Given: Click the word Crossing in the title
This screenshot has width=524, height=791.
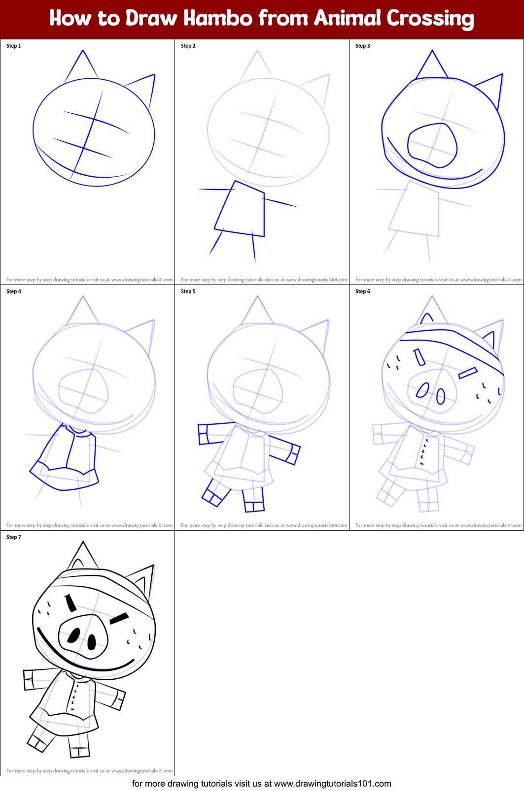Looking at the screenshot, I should pos(430,19).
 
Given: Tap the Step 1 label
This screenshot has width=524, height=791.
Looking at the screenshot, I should pos(14,46).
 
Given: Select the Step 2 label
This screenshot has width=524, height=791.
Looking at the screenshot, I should pos(188,46).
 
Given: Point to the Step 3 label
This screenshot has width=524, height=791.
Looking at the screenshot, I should pos(363,46).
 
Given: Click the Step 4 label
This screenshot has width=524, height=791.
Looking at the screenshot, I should pos(14,291).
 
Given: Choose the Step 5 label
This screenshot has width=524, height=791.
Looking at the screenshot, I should pos(188,291).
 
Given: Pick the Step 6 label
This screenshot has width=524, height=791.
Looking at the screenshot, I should pos(363,291).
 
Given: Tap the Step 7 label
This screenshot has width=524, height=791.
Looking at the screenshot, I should pos(14,537).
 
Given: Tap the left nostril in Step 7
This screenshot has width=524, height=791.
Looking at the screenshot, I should pos(73,636).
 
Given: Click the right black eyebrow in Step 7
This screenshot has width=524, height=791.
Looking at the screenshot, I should pos(119,618).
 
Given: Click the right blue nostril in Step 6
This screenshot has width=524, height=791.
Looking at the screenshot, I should pos(441,396).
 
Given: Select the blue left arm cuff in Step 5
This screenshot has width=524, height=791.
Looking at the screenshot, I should pos(203,434).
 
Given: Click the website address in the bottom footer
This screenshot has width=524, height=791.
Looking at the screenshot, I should pos(332,784).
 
